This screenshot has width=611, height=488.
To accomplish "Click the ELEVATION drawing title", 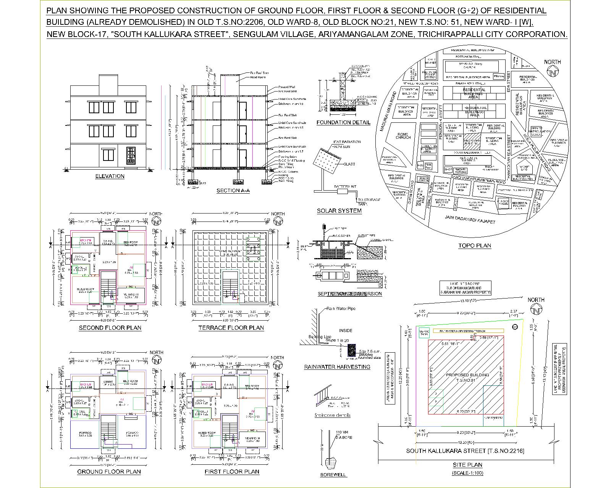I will (x=110, y=176).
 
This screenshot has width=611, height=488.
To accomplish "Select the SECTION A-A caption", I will (x=233, y=191).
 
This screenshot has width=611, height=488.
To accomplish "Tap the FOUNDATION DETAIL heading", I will (x=343, y=122).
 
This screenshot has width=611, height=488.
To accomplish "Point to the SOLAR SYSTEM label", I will (x=339, y=211).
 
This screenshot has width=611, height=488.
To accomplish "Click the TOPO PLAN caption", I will (x=475, y=246).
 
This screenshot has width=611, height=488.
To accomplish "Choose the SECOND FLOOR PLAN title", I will (x=110, y=328).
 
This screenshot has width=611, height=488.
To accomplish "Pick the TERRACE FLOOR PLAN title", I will (x=231, y=328).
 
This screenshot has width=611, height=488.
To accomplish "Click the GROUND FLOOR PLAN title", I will (x=109, y=472).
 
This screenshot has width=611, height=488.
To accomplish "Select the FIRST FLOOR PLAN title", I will (x=232, y=472).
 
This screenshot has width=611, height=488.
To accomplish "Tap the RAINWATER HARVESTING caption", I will (x=337, y=367).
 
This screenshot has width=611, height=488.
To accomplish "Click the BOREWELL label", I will (x=333, y=475).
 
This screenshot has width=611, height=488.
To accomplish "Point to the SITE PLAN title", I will (x=467, y=465).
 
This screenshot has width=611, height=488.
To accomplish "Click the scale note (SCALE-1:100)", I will (x=467, y=473).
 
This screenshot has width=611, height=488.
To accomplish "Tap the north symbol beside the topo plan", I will (x=553, y=72).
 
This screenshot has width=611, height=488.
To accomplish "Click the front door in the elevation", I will (x=131, y=156).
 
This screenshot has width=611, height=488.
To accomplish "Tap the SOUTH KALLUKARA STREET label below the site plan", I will (x=465, y=451).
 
